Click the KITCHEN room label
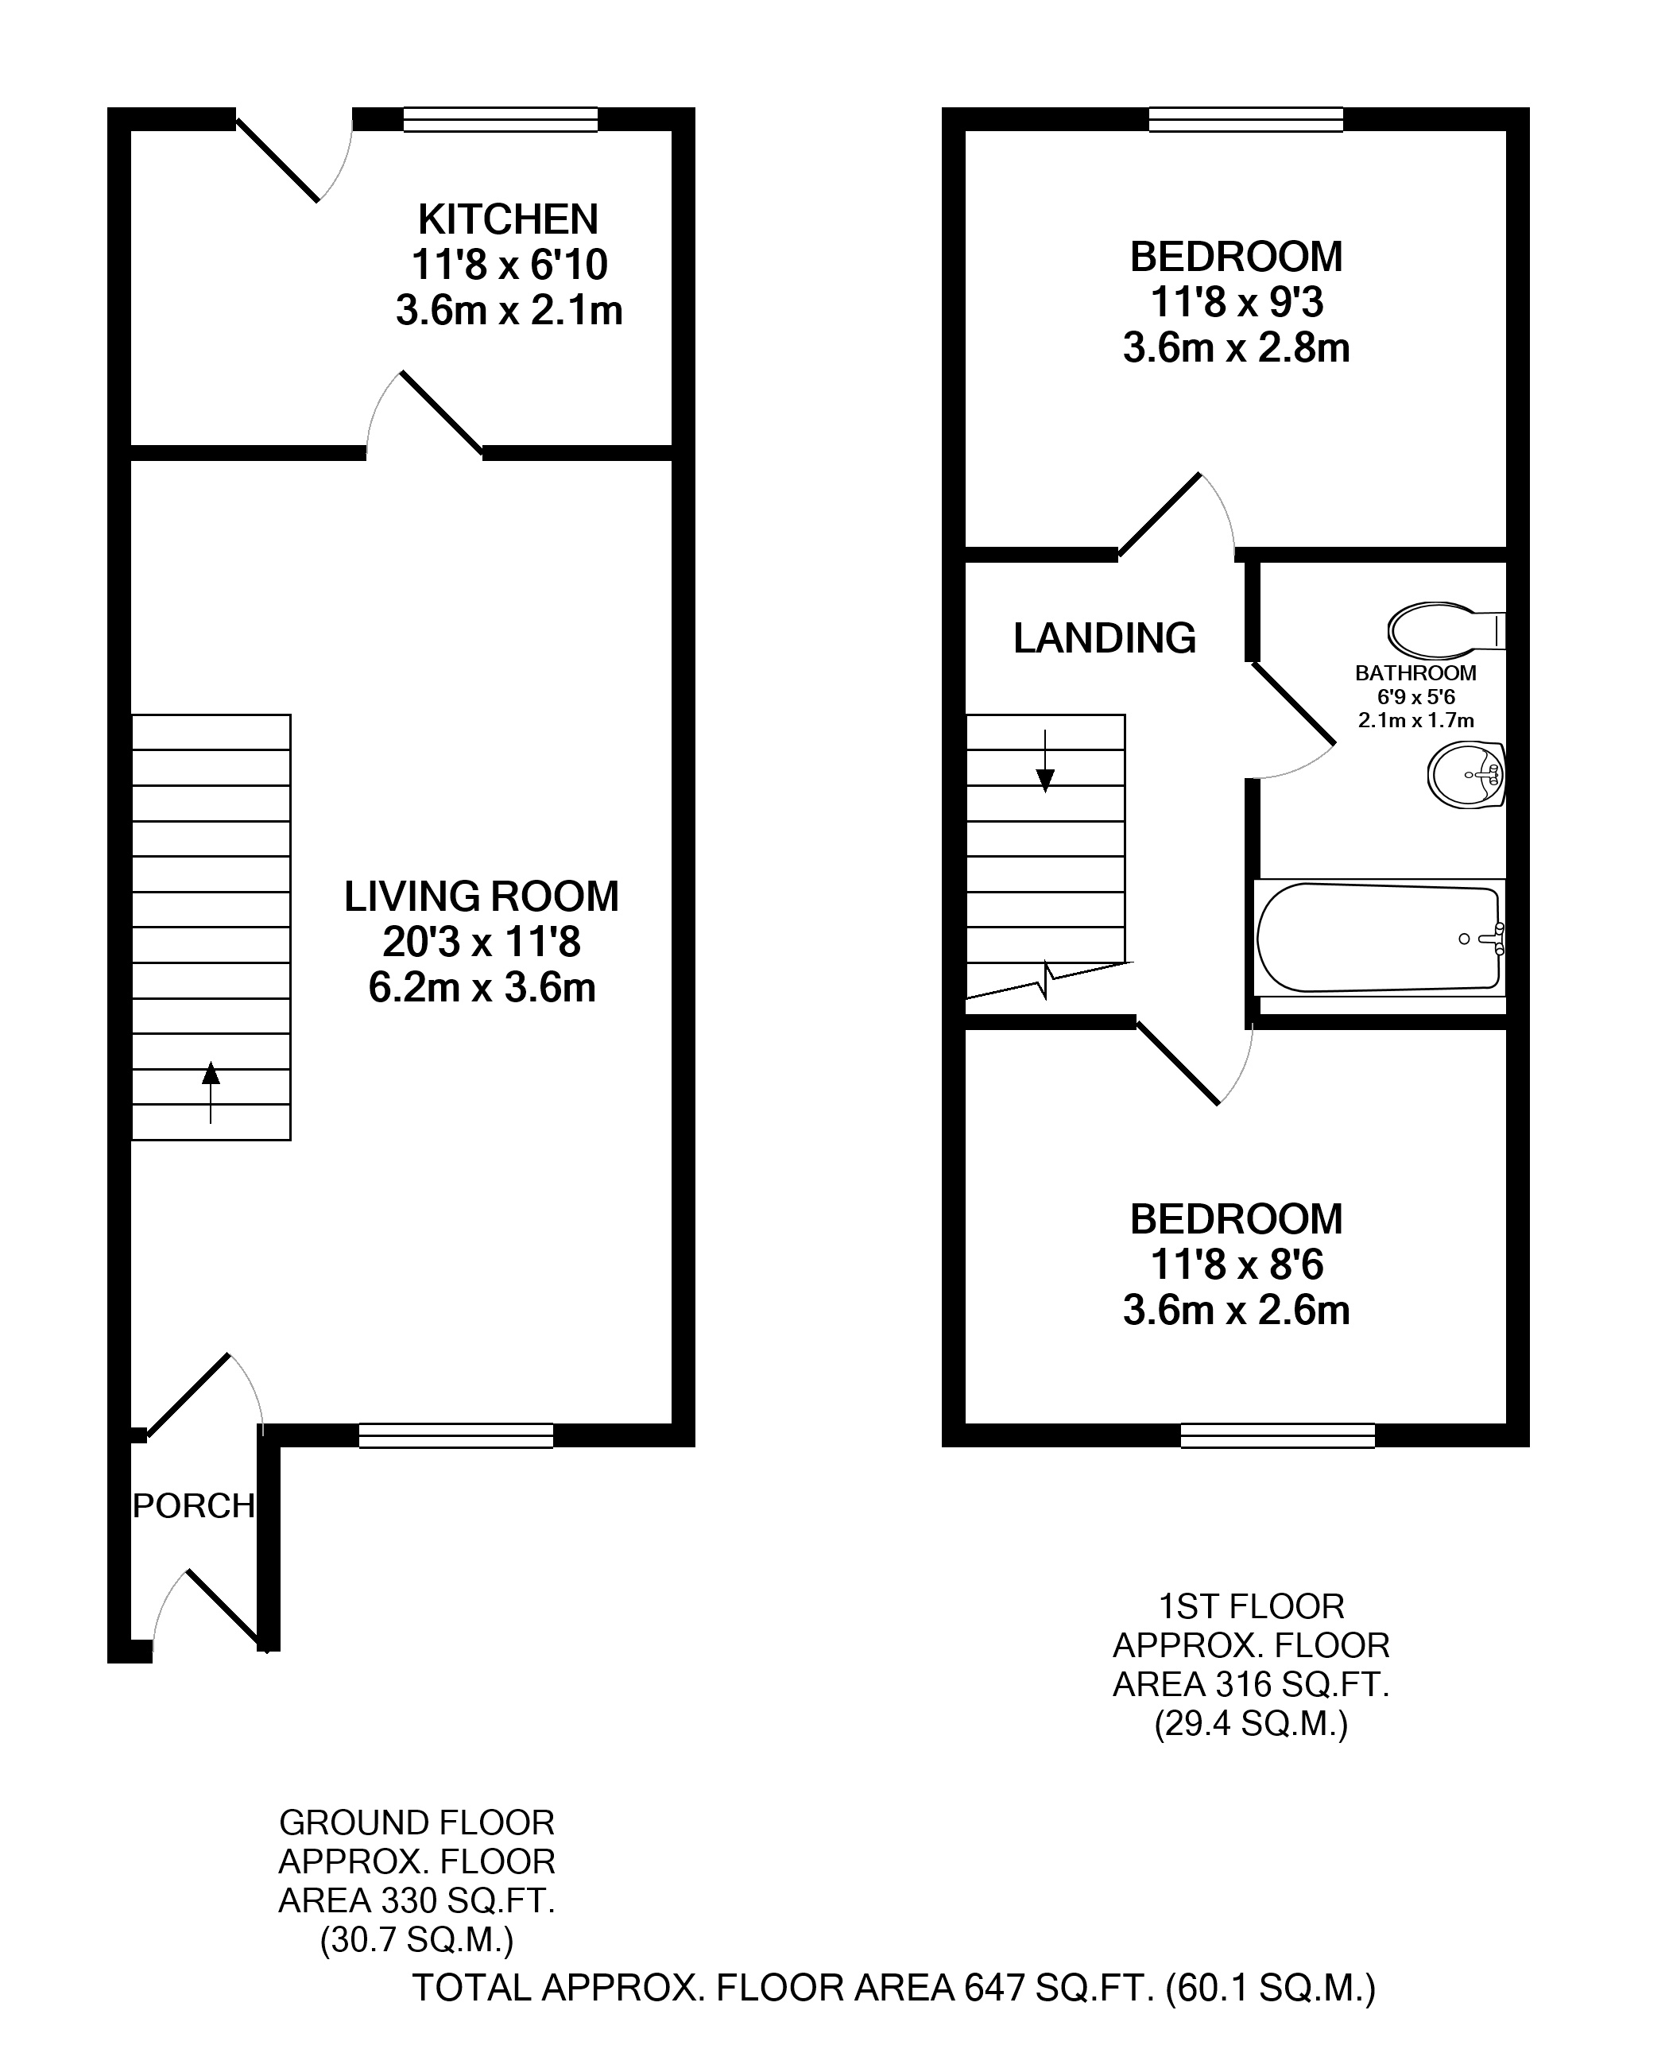coord(508,219)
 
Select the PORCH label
coord(193,1505)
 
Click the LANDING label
coord(1105,637)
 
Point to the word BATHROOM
coord(1415,673)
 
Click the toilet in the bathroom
coord(1446,629)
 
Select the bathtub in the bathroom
coord(1380,937)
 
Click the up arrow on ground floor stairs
coord(210,1092)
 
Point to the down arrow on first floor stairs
coord(1045,761)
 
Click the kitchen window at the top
coord(500,119)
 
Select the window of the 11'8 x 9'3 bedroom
coord(1246,119)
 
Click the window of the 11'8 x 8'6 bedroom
coord(1278,1435)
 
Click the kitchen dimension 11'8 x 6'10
coord(509,265)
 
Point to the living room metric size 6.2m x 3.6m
coord(482,987)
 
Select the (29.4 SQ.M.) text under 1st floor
coord(1251,1724)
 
